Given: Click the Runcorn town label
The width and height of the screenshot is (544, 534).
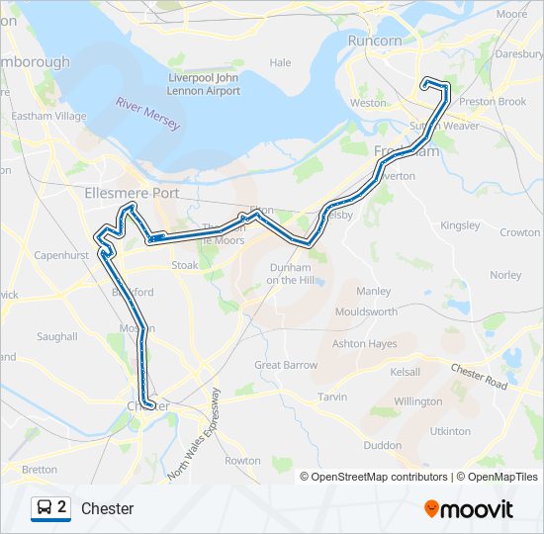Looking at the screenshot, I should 375,41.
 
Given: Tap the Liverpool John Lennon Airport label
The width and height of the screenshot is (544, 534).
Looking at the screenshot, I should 204,84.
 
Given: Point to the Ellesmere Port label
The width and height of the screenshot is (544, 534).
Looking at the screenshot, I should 133,193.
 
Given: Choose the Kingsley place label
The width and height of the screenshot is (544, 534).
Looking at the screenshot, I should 460,225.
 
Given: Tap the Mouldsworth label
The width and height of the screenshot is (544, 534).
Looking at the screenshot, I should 366,311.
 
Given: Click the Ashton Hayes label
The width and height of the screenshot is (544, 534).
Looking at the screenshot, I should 364,344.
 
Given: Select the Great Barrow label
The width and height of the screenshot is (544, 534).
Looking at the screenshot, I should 286,365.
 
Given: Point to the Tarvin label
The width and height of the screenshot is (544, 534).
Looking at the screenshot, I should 332,397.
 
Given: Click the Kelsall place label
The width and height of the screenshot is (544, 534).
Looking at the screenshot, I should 405,372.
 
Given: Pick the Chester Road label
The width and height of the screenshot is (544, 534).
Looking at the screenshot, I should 479,376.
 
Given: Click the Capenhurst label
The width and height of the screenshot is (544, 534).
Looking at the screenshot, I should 61,254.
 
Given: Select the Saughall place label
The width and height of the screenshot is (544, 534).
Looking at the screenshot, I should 57,336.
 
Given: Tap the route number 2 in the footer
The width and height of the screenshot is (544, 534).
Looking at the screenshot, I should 62,508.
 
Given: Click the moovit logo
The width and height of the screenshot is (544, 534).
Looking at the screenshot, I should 469,509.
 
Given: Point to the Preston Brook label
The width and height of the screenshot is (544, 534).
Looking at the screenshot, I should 493,101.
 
